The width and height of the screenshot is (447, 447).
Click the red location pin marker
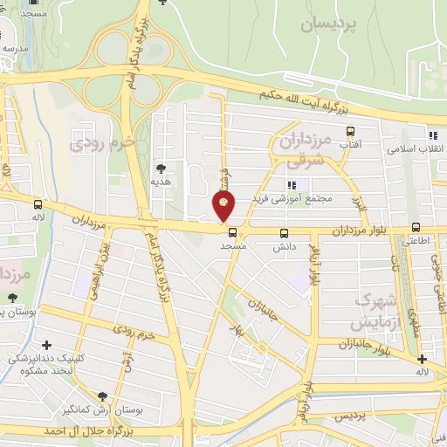point(224,206)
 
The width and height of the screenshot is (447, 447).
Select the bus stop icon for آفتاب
point(351,131)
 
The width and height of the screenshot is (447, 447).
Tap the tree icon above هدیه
point(162,168)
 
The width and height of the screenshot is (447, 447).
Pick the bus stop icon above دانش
point(283,233)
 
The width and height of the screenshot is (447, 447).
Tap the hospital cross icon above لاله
point(423,359)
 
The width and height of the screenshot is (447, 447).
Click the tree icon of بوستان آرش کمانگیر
point(103,396)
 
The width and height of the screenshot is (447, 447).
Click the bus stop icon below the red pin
point(231,233)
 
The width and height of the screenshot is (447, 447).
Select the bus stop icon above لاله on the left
point(38,203)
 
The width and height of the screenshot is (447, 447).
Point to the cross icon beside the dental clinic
point(47,344)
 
